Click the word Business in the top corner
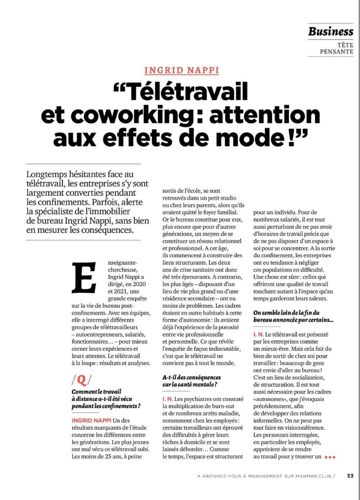click(331, 32)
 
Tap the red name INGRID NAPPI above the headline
click(182, 70)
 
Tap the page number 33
click(350, 476)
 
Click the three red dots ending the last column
click(330, 457)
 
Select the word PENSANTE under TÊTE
click(337, 52)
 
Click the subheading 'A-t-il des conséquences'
click(192, 378)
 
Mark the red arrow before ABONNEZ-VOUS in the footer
click(199, 476)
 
